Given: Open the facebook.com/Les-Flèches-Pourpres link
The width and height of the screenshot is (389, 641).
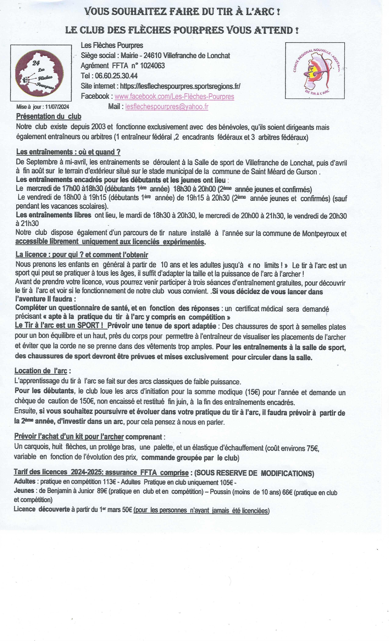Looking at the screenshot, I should click(174, 96).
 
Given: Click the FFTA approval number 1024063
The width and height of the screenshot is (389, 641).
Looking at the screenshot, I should click(152, 66).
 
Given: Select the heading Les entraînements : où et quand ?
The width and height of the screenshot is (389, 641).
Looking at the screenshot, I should click(68, 152).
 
